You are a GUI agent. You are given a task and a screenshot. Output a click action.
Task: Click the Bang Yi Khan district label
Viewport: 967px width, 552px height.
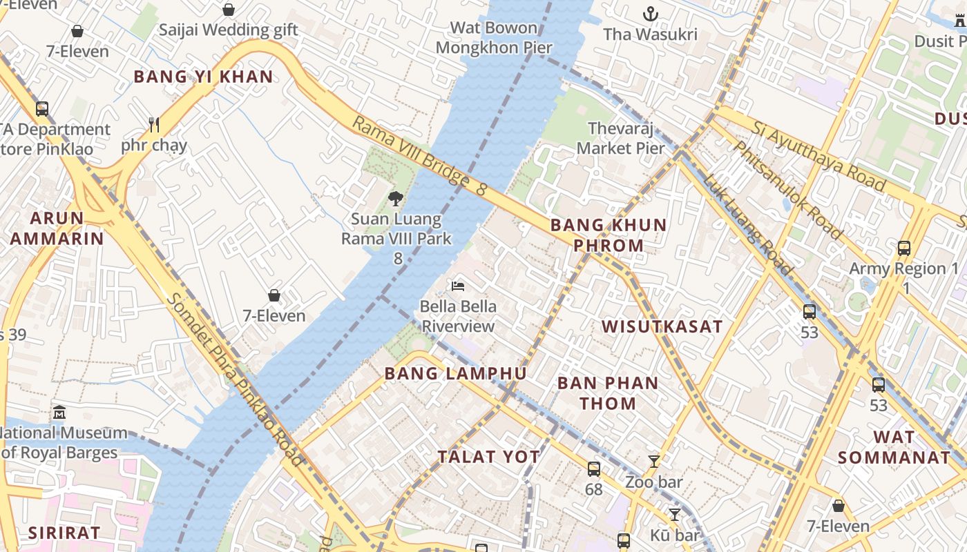[203, 77]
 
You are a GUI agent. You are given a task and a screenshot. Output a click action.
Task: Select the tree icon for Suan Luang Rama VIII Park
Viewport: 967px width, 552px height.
[396, 199]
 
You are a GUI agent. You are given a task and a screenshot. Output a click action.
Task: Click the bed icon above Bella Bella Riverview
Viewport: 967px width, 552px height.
[457, 286]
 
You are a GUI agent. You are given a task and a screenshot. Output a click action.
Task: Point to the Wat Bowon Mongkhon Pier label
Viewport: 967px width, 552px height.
[494, 38]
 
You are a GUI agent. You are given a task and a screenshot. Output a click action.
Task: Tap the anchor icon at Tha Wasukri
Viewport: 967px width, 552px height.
[649, 13]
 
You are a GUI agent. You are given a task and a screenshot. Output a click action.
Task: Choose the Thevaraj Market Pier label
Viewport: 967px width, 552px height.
[621, 138]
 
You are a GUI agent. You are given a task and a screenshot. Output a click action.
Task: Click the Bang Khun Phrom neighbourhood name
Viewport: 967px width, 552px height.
[609, 235]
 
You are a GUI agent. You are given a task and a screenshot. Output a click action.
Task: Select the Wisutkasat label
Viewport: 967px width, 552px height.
[662, 326]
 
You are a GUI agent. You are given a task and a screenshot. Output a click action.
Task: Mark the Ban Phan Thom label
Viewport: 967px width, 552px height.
[608, 393]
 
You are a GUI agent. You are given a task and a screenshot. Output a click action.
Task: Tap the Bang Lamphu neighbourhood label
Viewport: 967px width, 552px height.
[455, 374]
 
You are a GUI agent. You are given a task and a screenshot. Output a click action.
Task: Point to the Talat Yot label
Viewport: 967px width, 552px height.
[488, 457]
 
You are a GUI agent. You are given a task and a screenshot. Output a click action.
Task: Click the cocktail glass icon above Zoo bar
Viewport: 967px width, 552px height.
[654, 461]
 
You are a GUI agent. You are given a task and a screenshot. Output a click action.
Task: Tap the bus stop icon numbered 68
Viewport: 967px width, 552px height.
[593, 469]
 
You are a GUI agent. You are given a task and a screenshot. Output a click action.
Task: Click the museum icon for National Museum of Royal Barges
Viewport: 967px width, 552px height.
[59, 412]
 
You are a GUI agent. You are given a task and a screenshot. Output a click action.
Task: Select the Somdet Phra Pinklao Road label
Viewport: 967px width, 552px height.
[236, 379]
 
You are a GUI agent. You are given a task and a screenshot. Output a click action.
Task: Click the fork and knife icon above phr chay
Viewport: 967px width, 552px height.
[154, 125]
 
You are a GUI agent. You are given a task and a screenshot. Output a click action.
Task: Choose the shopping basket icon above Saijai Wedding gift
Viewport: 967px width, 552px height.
[228, 10]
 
